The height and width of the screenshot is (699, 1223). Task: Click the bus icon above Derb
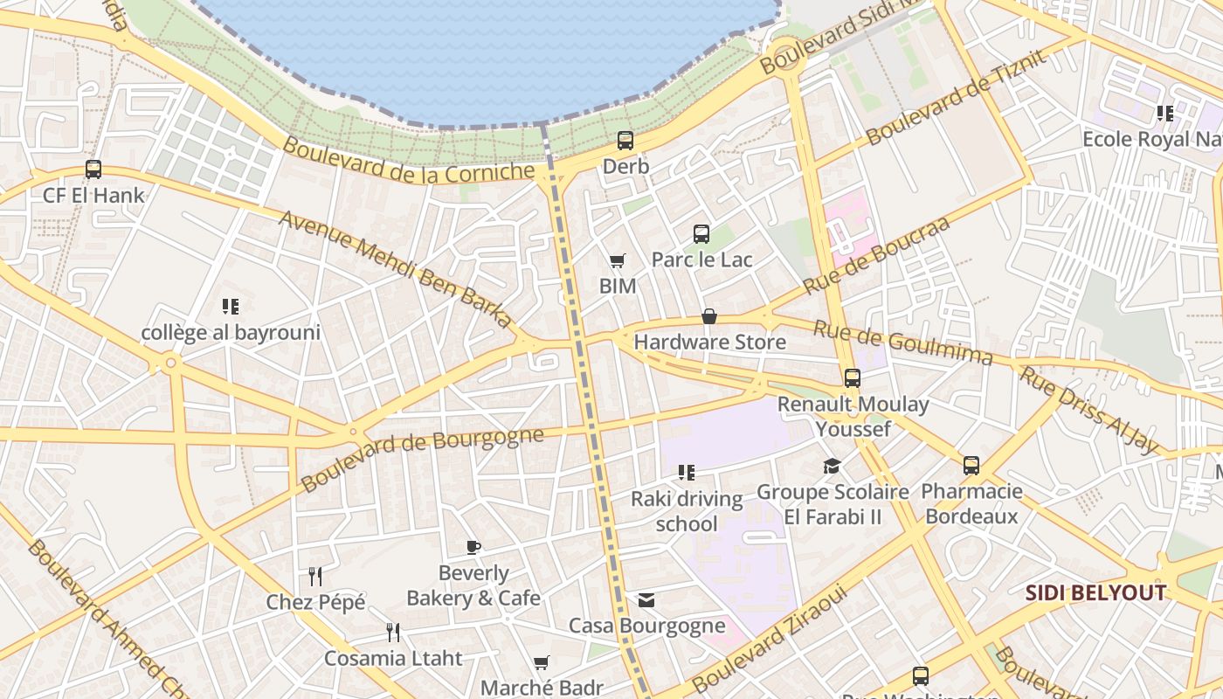coord(625,140)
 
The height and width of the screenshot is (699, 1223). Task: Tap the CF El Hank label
coord(93,195)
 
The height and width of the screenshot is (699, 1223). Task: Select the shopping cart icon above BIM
coord(617,260)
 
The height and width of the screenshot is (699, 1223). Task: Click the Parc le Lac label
coord(701,260)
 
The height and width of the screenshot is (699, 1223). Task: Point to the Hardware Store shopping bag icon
coord(709,316)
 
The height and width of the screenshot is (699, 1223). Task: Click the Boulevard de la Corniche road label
coord(408,161)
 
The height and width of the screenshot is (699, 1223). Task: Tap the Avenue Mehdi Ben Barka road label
coord(395,269)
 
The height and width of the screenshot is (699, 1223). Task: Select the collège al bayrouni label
coord(231,332)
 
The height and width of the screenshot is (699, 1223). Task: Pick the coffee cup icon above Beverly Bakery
coord(473,548)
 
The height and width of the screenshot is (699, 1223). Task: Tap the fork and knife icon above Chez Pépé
coord(315,576)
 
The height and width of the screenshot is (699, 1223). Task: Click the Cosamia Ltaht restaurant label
coord(393,658)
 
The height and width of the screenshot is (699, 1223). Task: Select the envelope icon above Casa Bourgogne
coord(646,600)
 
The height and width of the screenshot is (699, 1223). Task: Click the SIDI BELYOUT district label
coord(1095,593)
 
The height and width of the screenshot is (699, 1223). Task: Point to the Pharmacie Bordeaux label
coord(971,503)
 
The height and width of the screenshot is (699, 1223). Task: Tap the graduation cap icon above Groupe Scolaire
coord(832,467)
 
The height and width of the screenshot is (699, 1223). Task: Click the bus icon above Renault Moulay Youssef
coord(853,378)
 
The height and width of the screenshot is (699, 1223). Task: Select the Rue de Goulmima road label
coord(903,343)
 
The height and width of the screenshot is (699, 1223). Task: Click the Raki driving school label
coord(687,511)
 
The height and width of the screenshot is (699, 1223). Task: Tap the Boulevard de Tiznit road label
coord(955,98)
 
